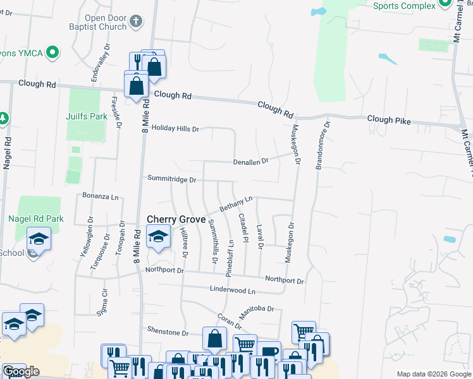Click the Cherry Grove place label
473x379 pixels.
(176, 219)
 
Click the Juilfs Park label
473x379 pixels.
(87, 117)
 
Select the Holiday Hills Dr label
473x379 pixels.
(175, 129)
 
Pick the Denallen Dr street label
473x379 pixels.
(251, 161)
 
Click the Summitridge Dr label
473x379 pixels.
(172, 179)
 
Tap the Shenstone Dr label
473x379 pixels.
(168, 332)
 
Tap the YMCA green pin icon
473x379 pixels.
(54, 52)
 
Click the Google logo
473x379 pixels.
(21, 371)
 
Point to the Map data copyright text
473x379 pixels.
(434, 374)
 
